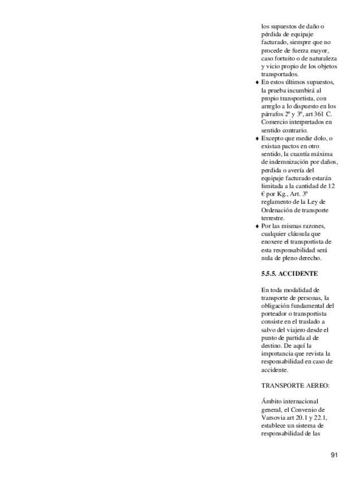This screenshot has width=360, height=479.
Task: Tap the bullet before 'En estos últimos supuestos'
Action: point(257,82)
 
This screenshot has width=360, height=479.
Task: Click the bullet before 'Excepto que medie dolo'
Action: point(257,138)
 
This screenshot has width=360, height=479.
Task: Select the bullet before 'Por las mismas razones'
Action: point(257,226)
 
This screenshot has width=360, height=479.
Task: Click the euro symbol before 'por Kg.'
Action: point(263,193)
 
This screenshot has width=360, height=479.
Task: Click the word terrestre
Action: point(273,217)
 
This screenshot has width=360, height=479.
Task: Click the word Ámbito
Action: point(272,401)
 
